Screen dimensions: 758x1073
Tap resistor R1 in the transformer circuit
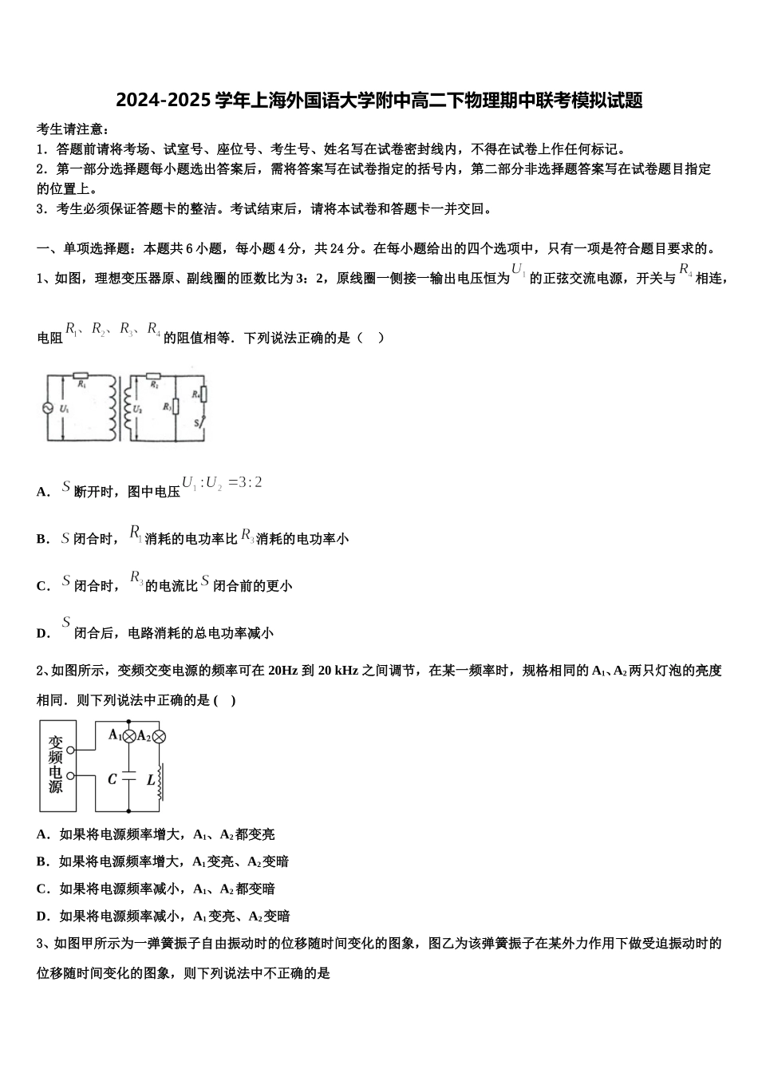click(80, 375)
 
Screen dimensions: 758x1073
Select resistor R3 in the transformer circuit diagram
click(175, 406)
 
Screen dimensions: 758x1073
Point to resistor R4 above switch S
click(203, 394)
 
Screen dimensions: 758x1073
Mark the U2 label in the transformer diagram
click(137, 409)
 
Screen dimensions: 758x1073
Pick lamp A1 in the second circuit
click(128, 736)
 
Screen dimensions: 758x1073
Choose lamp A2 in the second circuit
click(158, 736)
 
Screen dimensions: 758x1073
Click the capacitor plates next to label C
click(128, 778)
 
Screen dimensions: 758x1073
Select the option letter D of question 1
click(42, 634)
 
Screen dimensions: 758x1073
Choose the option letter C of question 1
click(42, 587)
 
